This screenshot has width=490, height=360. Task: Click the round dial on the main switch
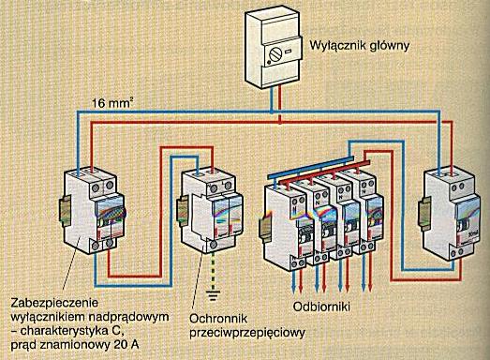click(x=275, y=55)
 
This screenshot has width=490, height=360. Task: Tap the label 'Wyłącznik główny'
click(x=360, y=46)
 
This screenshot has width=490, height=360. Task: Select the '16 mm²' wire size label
click(x=111, y=102)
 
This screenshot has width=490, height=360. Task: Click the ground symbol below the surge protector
click(x=213, y=295)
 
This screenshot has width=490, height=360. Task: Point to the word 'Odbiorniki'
click(x=321, y=307)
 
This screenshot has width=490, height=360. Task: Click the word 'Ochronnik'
click(x=218, y=319)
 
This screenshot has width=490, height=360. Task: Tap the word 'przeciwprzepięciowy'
click(x=247, y=333)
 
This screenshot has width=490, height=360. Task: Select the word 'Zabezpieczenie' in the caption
click(x=54, y=303)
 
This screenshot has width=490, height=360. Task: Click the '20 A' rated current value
click(x=126, y=345)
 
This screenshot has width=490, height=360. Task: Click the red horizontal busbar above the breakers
click(x=325, y=172)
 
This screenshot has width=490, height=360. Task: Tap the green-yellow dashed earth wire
click(x=213, y=271)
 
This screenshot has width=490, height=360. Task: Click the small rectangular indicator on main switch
click(x=289, y=51)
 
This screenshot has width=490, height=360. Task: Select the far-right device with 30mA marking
click(x=450, y=216)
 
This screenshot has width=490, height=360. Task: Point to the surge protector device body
click(x=209, y=211)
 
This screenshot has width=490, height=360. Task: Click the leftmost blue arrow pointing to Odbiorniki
click(x=294, y=281)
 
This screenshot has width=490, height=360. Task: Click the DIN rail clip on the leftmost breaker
click(x=65, y=212)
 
